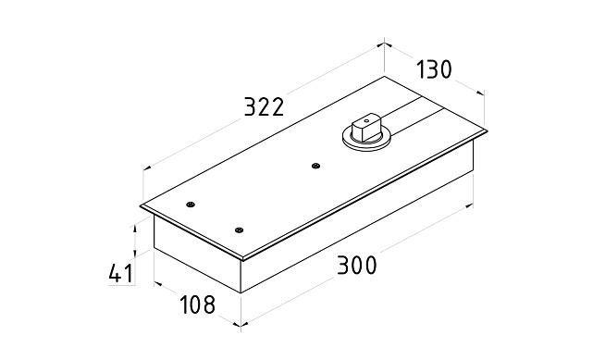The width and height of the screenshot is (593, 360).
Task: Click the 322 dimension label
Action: point(264,106)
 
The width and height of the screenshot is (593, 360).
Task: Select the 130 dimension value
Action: point(434,69)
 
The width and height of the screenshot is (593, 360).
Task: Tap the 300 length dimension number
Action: point(356,265)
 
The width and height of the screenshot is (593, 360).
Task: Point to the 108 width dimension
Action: point(197,304)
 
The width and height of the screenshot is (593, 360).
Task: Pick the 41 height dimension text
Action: point(121,273)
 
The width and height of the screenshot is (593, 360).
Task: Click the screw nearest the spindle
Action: point(315,166)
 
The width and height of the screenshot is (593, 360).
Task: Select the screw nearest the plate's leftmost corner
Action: point(191,205)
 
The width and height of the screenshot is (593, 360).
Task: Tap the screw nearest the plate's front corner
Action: point(239,230)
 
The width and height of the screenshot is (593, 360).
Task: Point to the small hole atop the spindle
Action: point(366,121)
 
